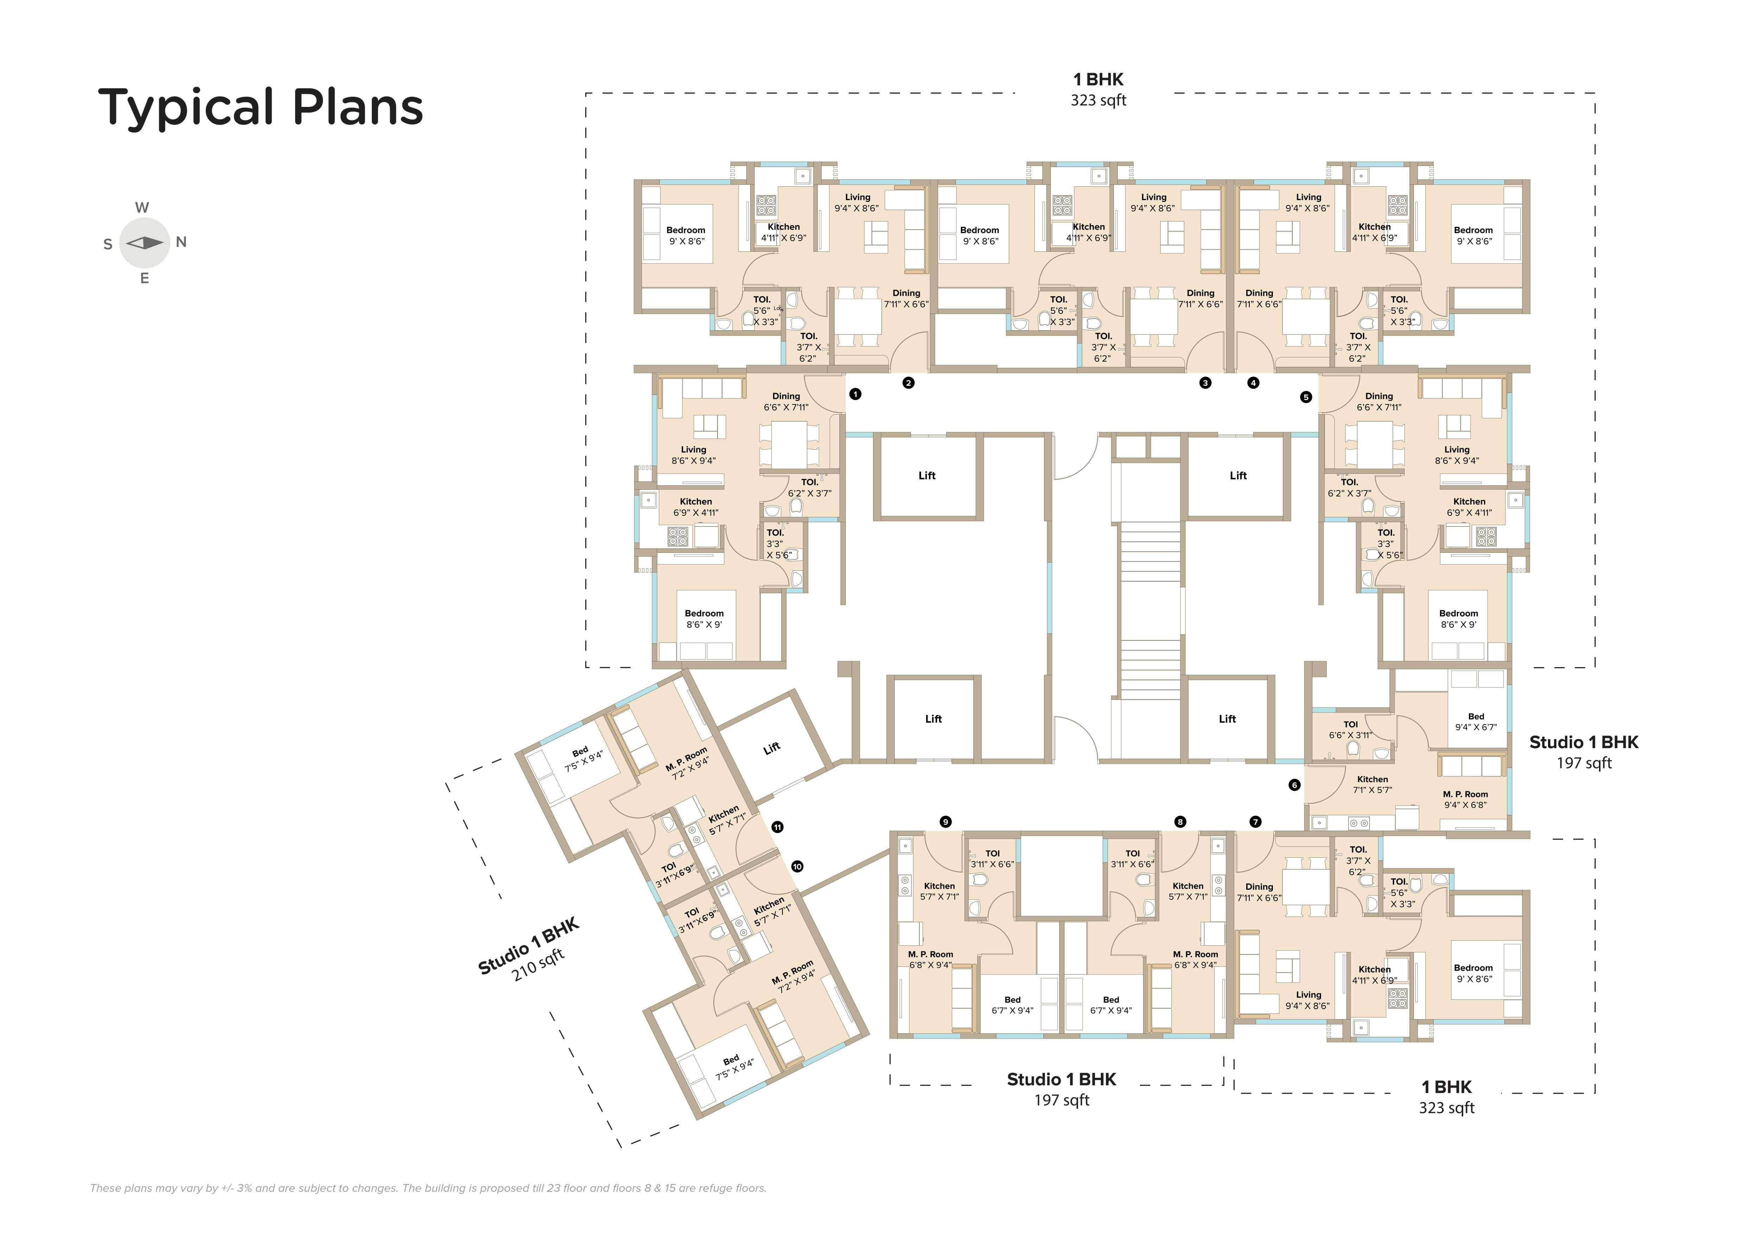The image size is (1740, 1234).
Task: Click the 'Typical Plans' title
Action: pos(261,107)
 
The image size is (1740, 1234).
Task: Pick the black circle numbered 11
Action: pos(777,827)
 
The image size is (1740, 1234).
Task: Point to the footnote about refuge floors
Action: pos(428,1188)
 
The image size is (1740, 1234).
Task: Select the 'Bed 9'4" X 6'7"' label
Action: pos(1476,722)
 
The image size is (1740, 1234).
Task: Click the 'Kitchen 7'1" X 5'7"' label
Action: pos(1372,784)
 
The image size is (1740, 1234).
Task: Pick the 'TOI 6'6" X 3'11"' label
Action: pos(1350,729)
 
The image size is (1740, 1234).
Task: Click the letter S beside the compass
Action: pos(108,244)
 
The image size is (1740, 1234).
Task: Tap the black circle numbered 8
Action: pos(1180,821)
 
